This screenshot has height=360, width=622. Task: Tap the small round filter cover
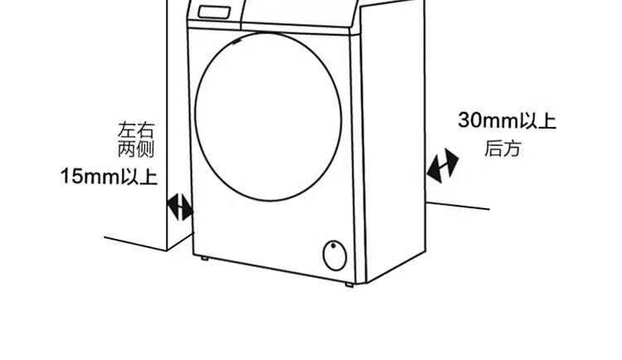[334, 255]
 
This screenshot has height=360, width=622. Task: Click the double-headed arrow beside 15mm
[180, 207]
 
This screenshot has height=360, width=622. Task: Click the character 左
[128, 130]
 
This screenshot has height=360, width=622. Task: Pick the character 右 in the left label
[146, 130]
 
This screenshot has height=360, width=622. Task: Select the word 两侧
[137, 150]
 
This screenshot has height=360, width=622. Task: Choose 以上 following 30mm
[537, 121]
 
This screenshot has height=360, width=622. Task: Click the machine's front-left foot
[204, 259]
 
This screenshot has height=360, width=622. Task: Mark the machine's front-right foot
[349, 285]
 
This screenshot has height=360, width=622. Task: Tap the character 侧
[146, 150]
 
